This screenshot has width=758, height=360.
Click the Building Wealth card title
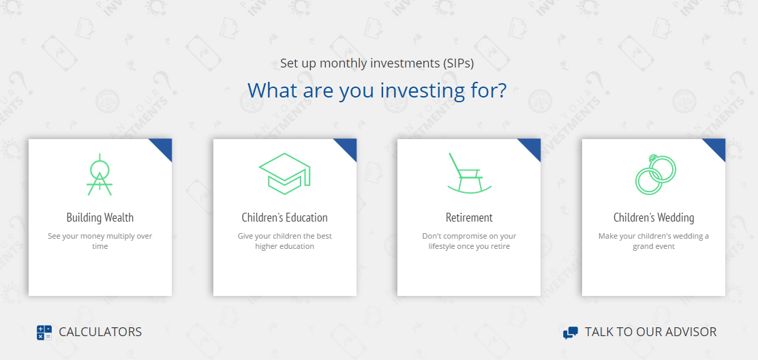(x=100, y=217)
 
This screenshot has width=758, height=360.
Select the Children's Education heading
(x=285, y=217)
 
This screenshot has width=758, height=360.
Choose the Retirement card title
(x=469, y=217)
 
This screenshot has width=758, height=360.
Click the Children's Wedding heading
(x=654, y=217)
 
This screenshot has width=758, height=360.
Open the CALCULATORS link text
(x=101, y=332)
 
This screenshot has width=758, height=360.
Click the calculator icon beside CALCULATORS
(x=44, y=333)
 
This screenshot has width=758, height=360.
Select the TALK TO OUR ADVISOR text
(x=651, y=332)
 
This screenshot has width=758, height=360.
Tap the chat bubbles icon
(x=571, y=333)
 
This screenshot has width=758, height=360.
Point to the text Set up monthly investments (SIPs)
(x=377, y=63)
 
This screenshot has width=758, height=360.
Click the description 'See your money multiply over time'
(x=100, y=241)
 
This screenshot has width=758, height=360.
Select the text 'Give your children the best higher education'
(x=285, y=241)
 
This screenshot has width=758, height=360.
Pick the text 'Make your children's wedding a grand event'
(x=654, y=241)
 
